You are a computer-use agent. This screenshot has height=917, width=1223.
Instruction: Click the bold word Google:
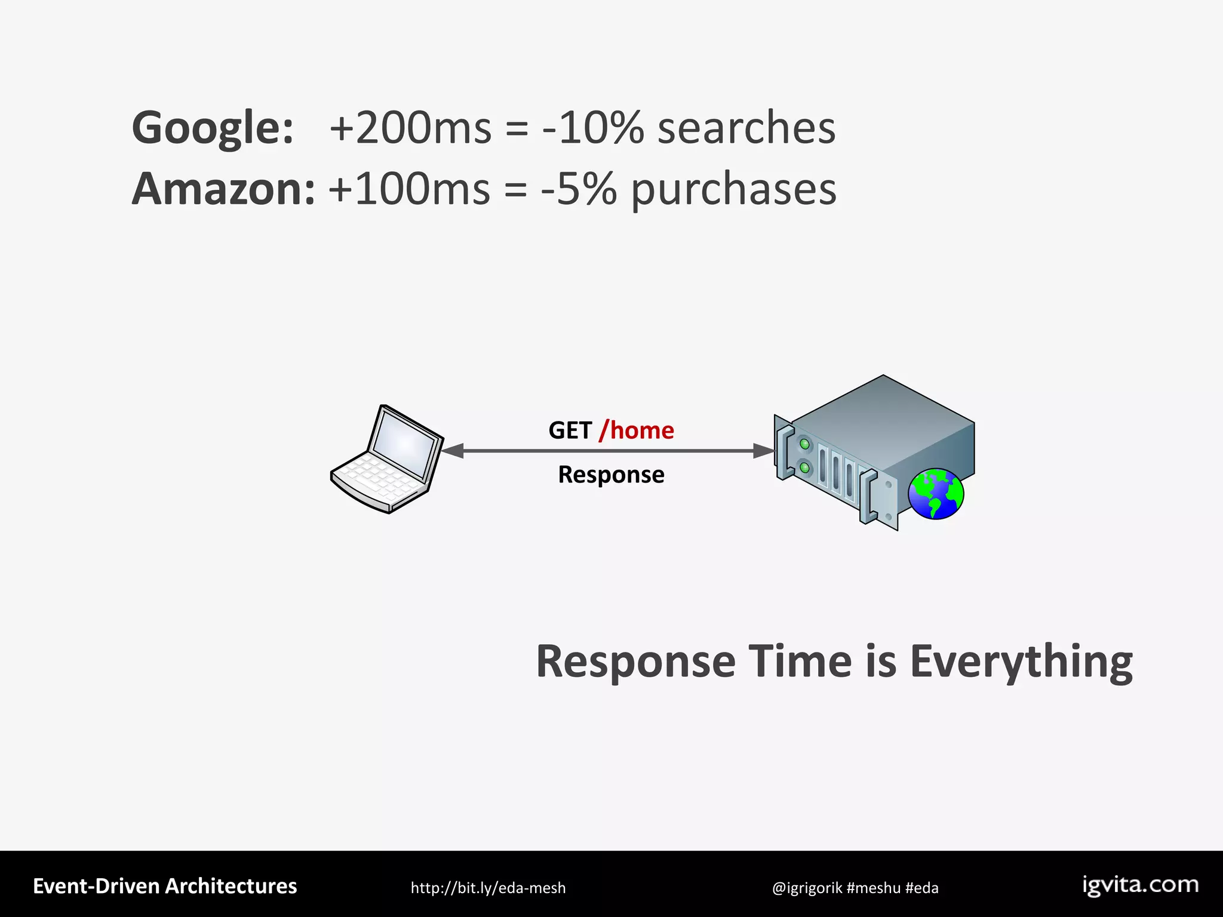pos(213,128)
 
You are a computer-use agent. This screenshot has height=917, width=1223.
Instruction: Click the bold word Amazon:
pos(223,189)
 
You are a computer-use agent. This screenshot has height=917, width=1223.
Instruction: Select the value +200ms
pos(410,128)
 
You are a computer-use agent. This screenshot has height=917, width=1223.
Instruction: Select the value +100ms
pos(409,189)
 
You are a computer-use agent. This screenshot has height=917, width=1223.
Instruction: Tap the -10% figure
pos(593,128)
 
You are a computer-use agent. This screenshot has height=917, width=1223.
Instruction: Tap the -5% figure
pos(578,189)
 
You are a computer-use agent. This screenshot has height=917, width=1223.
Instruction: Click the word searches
pos(746,128)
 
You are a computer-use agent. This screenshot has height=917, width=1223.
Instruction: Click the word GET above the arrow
pos(570,430)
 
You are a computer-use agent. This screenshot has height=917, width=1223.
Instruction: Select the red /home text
pos(637,430)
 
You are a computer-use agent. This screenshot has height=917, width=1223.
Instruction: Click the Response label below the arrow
pos(611,475)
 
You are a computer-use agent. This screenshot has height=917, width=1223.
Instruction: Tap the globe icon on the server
pos(935,494)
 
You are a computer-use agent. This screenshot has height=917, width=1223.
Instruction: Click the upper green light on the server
pos(804,444)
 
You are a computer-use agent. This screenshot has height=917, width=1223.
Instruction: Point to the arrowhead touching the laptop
pos(452,451)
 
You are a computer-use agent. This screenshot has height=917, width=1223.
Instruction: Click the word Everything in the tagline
pos(1021,661)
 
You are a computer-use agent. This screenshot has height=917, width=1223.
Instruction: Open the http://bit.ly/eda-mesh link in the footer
pos(488,888)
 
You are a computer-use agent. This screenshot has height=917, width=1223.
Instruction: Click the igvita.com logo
pos(1140,885)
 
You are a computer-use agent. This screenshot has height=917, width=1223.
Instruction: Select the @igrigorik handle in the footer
pos(807,888)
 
